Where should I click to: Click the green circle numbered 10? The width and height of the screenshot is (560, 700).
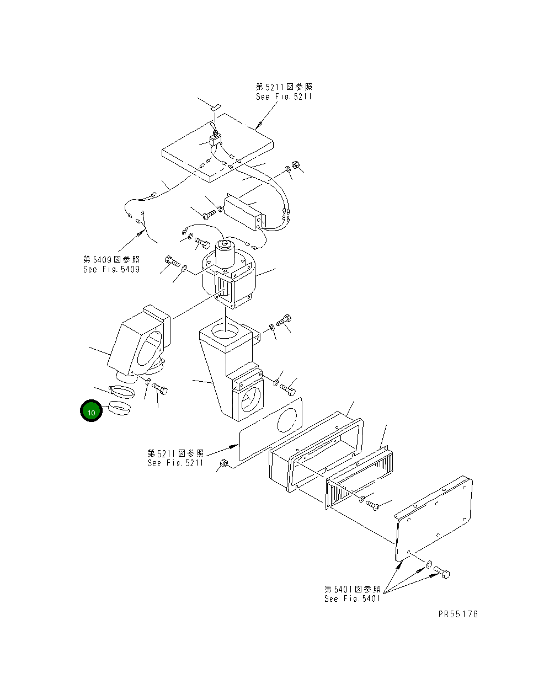[x=91, y=412]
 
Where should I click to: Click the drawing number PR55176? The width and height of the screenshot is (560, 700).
[x=458, y=614]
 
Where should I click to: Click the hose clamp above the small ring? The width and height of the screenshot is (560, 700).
[x=121, y=392]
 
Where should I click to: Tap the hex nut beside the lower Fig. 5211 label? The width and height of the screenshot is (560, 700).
[x=223, y=464]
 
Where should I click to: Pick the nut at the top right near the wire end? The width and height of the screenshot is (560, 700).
[x=295, y=164]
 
